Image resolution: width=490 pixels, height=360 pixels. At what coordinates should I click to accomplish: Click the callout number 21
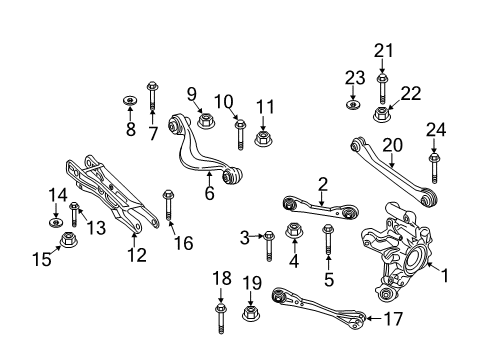[x=381, y=51]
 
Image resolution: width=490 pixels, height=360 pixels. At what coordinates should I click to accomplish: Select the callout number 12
[x=136, y=256]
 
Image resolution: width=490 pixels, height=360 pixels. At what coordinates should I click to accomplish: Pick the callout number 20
[x=391, y=146]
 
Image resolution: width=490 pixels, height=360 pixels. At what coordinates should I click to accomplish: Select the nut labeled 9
[x=206, y=120]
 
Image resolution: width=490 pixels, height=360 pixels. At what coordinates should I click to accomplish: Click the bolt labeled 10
[x=240, y=133]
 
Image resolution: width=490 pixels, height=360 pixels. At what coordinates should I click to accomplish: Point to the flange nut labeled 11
[x=264, y=135]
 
